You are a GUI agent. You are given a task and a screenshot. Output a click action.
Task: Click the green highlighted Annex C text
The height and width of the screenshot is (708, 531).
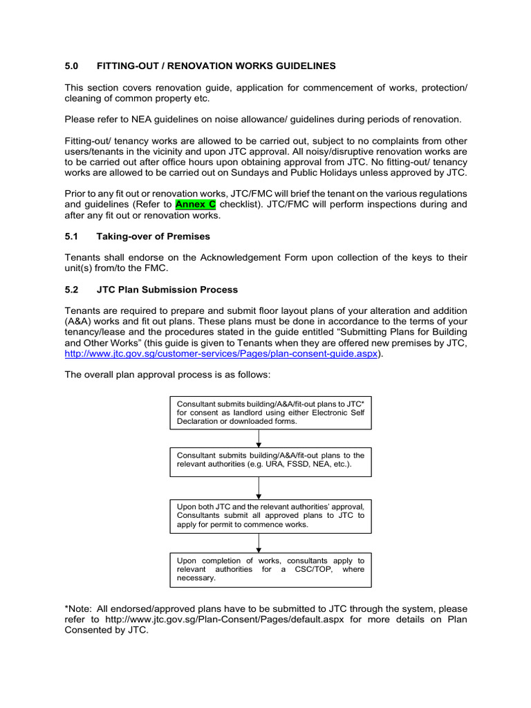[196, 205]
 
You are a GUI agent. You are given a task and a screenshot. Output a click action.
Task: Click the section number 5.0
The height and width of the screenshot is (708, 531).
[72, 66]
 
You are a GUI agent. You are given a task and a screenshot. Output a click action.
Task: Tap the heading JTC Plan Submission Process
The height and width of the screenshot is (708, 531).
[167, 290]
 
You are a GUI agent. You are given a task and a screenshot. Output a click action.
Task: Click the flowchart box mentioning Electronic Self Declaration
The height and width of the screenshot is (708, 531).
[270, 412]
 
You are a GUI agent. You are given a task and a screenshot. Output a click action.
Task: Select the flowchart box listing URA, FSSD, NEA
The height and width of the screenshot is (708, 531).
[270, 460]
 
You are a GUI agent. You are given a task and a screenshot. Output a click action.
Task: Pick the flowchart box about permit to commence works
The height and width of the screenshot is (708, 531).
[270, 515]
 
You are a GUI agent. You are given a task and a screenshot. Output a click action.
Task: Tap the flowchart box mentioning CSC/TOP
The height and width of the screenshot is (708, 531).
[270, 568]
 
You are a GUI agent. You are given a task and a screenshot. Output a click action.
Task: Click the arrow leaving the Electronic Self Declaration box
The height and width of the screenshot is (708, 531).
[259, 438]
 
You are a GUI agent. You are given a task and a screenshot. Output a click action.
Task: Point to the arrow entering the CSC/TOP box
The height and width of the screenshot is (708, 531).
[259, 543]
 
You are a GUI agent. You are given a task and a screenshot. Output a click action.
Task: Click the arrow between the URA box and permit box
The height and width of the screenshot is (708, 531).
[259, 488]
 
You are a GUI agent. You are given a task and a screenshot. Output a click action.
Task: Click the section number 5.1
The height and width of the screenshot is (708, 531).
[72, 236]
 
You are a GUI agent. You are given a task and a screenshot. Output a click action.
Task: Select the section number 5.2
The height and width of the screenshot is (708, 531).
[72, 290]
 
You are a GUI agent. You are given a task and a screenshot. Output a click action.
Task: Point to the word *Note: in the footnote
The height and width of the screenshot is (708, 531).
[80, 608]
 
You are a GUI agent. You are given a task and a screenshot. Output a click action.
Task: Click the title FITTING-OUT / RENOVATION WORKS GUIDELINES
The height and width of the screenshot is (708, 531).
[216, 66]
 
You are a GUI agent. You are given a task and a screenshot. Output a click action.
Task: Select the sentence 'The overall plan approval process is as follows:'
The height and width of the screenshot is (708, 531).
[168, 375]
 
